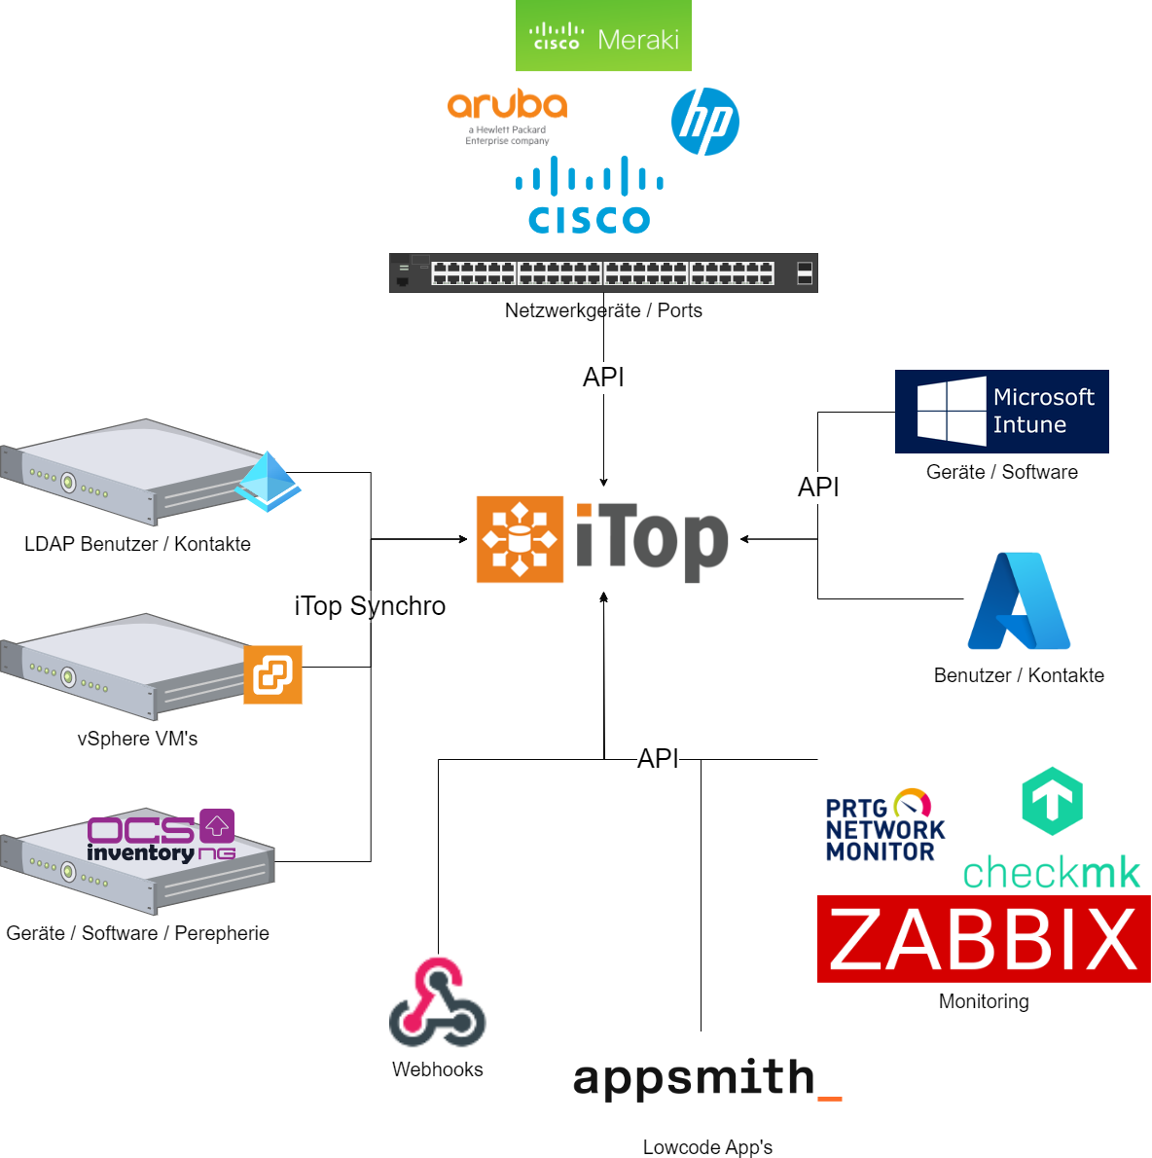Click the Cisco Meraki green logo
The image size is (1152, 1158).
point(603,36)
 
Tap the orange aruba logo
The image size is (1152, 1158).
point(507,107)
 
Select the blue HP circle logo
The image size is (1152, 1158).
point(705,122)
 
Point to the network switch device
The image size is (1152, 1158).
point(603,272)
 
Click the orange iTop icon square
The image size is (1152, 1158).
point(520,539)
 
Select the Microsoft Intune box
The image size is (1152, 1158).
point(1001,411)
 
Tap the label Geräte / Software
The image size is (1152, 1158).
point(1002,472)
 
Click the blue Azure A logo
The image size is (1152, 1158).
point(1019,601)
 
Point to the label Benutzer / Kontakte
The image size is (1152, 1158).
point(1019,675)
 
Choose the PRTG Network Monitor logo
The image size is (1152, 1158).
point(884,826)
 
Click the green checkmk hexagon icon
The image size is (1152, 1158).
point(1052,800)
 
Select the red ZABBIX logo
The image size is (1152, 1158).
point(984,939)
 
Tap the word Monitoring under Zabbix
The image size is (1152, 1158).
point(984,1001)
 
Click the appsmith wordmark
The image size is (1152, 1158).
point(706,1078)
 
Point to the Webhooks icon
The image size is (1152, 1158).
point(438,1002)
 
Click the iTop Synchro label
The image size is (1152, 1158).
point(370,606)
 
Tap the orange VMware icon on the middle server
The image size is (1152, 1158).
point(272,674)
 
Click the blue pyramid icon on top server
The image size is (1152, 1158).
point(269,481)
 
